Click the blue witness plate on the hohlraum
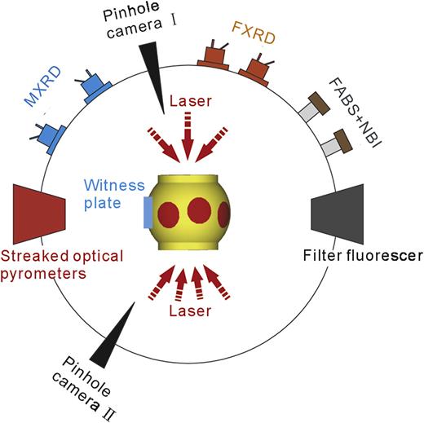[x=147, y=210]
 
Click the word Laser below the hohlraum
[x=190, y=311]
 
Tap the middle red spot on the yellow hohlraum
[x=199, y=211]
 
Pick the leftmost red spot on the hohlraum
[x=168, y=214]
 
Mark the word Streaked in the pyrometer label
[x=31, y=257]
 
